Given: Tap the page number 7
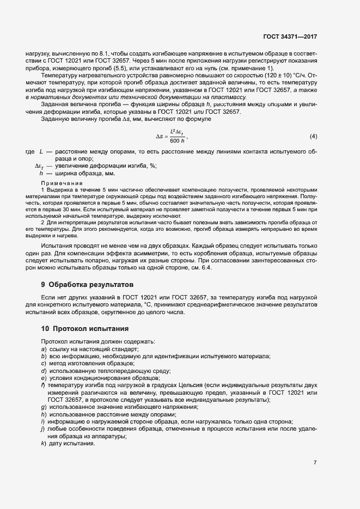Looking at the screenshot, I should point(315,463).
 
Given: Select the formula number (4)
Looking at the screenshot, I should point(313,136).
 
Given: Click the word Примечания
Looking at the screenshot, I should point(61,183).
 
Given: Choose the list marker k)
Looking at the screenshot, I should point(43,443).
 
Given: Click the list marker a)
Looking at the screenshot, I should point(43,348).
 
